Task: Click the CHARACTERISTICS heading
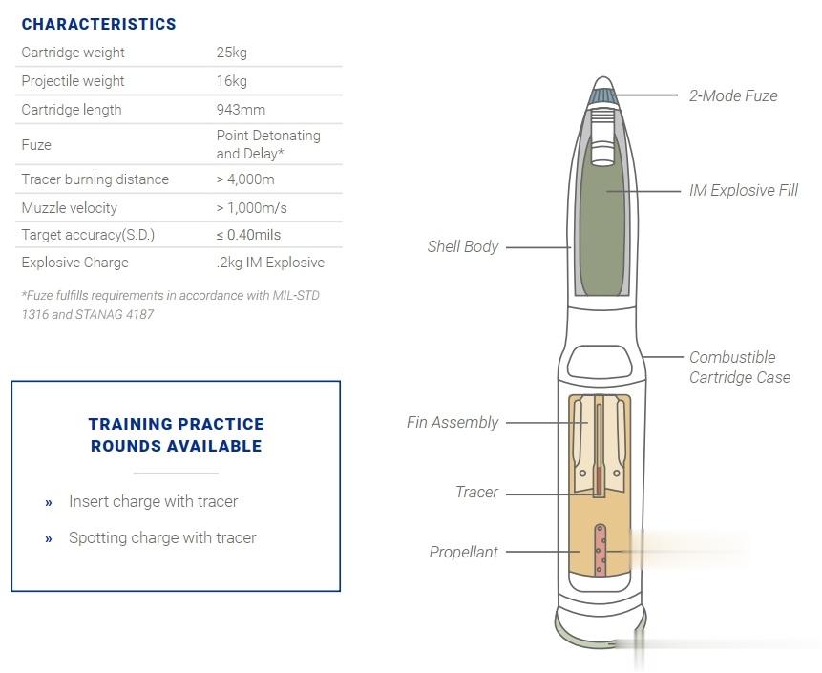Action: click(x=98, y=24)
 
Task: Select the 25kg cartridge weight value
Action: click(x=232, y=53)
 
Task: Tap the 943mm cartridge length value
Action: click(x=241, y=110)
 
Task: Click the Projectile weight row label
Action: click(x=73, y=81)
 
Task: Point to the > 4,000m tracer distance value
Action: click(x=245, y=179)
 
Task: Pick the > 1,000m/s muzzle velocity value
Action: click(x=252, y=208)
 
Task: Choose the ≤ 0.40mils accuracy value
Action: click(x=248, y=235)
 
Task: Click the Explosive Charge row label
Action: click(x=75, y=263)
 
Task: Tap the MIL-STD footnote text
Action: click(x=170, y=305)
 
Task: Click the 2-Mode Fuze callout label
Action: click(x=733, y=95)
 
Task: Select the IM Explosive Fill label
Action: click(x=744, y=190)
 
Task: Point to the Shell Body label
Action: click(x=462, y=247)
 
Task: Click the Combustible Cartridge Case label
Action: click(x=740, y=368)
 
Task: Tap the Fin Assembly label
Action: click(x=452, y=423)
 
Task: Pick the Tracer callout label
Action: click(x=476, y=493)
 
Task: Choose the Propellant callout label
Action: click(x=463, y=552)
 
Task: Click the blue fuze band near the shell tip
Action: click(x=602, y=96)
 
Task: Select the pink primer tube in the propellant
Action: click(x=601, y=550)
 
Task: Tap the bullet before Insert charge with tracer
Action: click(x=49, y=503)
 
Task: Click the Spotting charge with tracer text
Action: click(x=162, y=537)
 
